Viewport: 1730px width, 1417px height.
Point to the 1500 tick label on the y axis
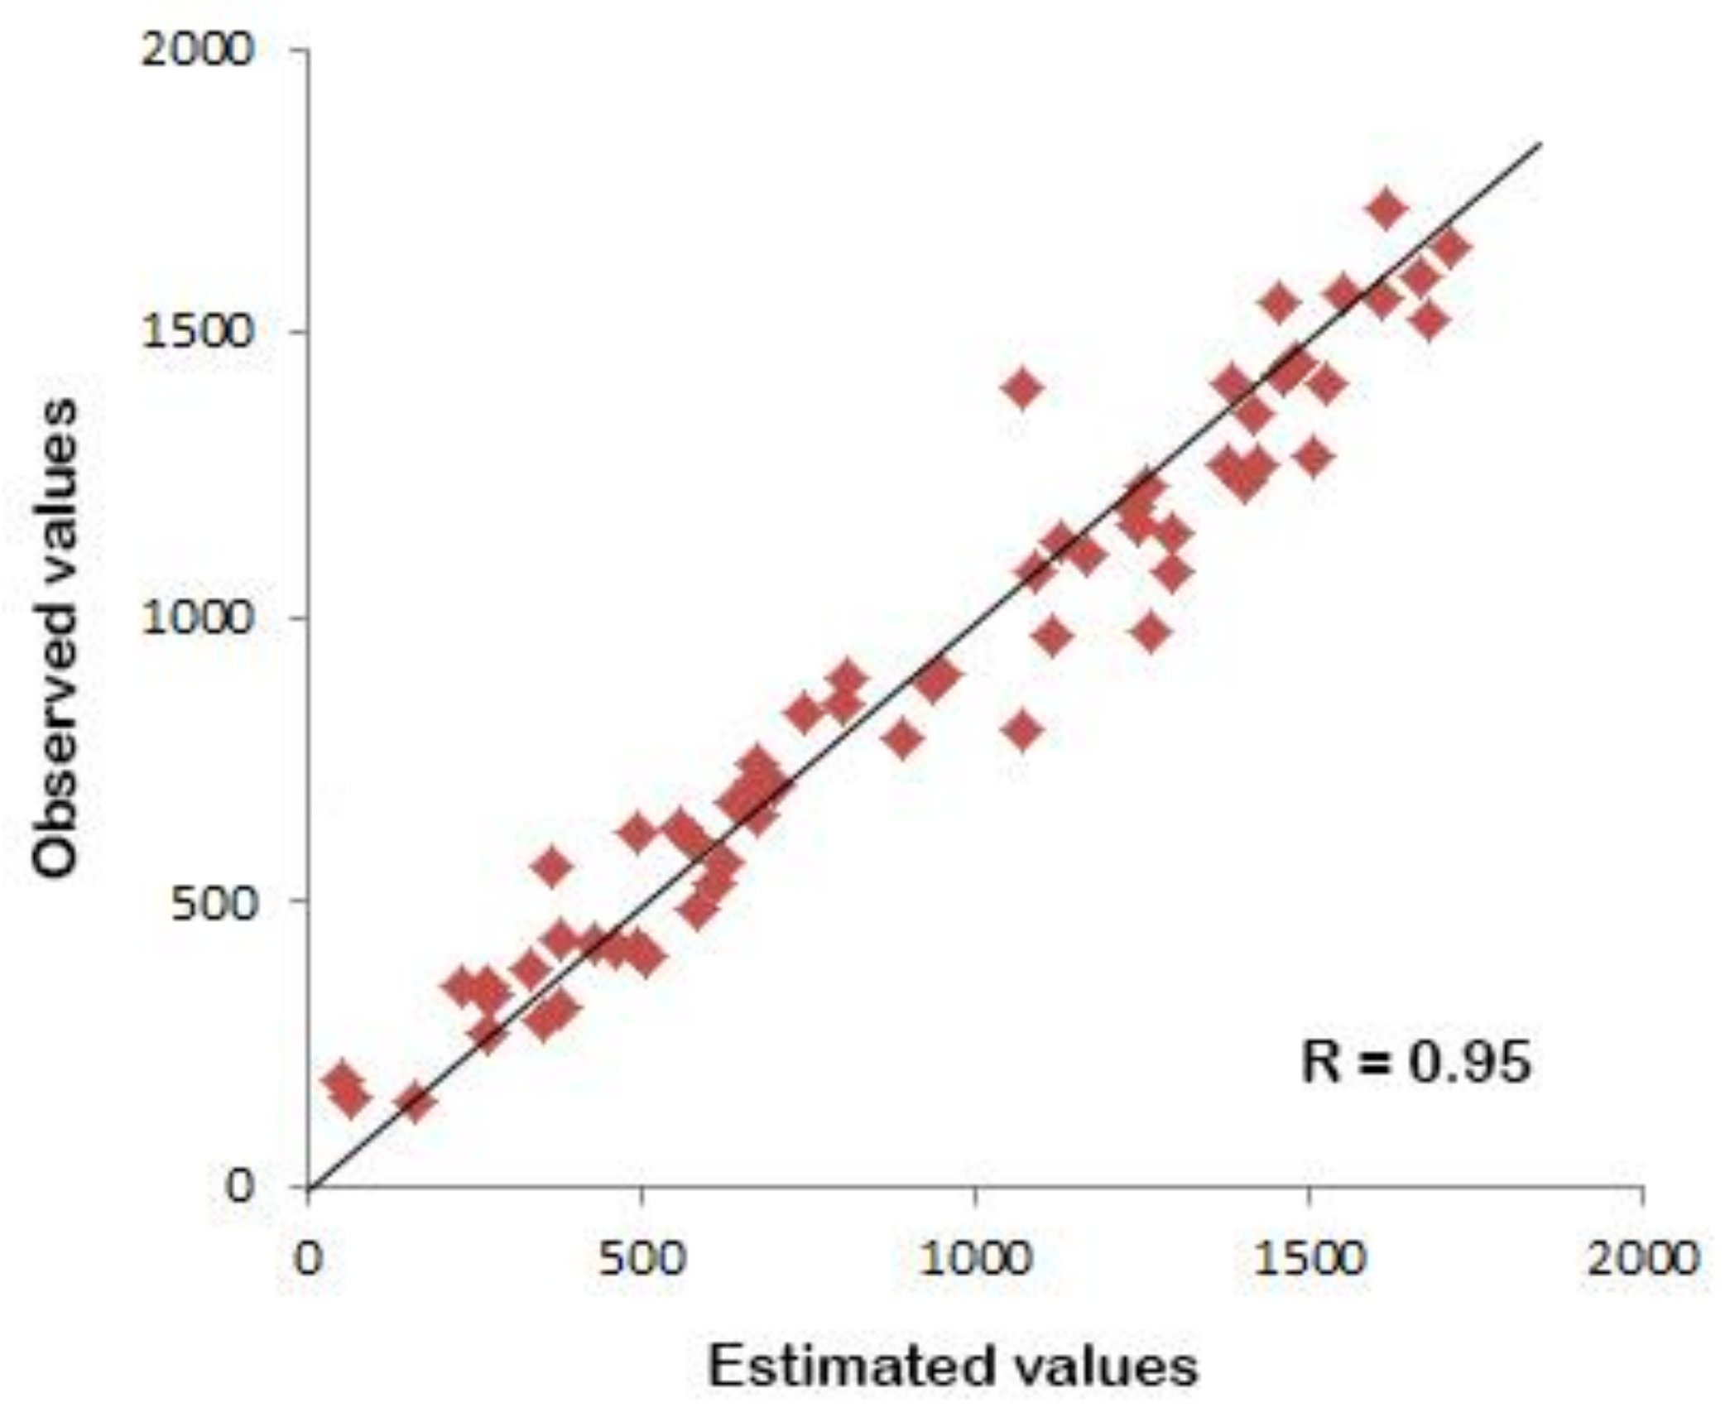(195, 332)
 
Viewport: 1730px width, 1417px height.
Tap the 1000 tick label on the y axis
(195, 617)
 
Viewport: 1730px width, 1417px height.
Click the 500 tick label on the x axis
(642, 1259)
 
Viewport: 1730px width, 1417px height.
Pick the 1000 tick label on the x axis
(977, 1259)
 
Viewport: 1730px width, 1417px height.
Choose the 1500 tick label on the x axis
(1310, 1259)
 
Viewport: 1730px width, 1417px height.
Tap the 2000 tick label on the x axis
(1644, 1259)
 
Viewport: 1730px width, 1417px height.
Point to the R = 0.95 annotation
(1415, 1062)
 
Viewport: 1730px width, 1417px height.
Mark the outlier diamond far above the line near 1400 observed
(1023, 388)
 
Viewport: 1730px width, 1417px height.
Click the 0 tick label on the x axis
(309, 1259)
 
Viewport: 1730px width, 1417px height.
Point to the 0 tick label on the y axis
(238, 1186)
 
